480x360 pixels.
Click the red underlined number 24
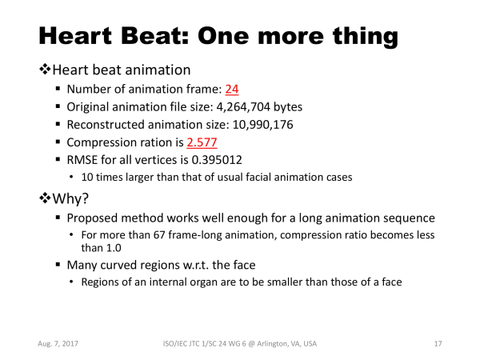(232, 89)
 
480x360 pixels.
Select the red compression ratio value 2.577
(202, 142)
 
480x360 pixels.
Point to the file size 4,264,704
(243, 107)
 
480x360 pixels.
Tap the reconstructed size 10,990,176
(262, 125)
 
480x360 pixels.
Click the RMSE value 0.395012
(217, 160)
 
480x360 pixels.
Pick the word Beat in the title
(154, 36)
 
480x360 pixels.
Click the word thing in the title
(366, 37)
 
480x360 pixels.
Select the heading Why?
(70, 198)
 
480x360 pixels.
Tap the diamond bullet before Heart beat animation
(45, 69)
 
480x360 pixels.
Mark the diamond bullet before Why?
(45, 198)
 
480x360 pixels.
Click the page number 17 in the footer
(438, 344)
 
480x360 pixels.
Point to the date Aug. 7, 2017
(58, 344)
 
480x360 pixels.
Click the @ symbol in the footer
(251, 344)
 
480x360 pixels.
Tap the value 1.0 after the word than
(113, 248)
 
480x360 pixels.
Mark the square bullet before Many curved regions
(58, 264)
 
